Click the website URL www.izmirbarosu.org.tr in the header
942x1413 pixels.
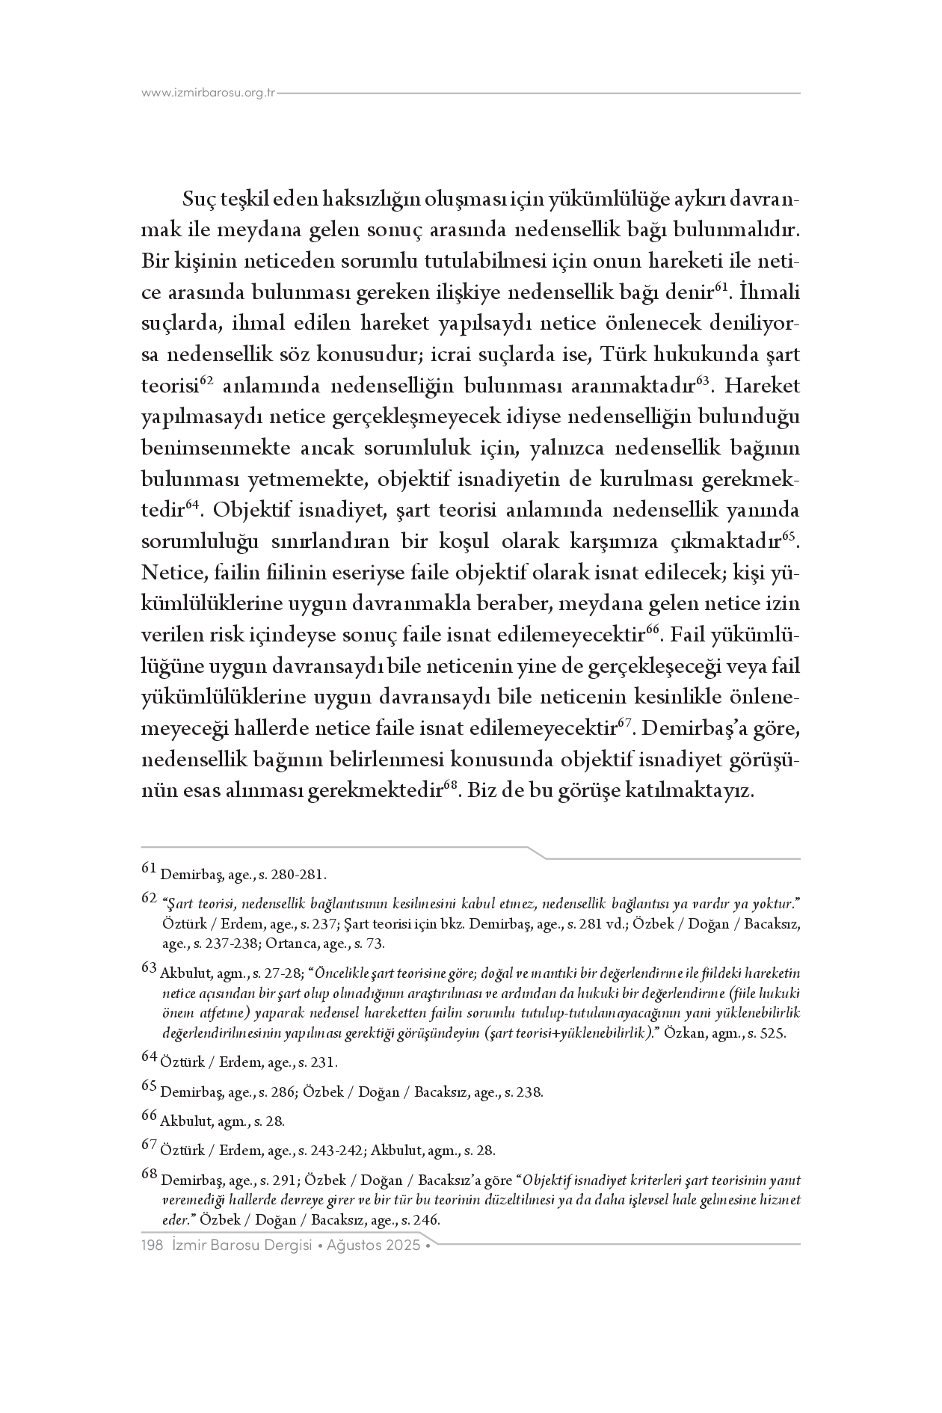[x=209, y=93]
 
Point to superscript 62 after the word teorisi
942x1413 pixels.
[x=208, y=381]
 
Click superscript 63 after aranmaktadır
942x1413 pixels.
[x=702, y=381]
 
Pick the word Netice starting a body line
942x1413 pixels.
[x=173, y=573]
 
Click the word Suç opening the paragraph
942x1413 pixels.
[x=198, y=200]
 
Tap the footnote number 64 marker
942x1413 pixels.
[x=149, y=1058]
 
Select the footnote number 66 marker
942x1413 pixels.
[x=149, y=1117]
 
